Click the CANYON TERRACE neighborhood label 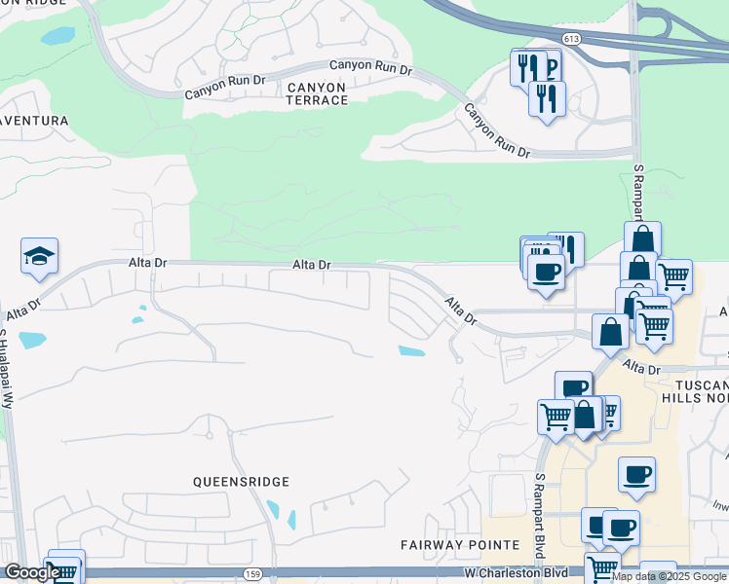(x=316, y=93)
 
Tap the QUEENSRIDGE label (x=242, y=481)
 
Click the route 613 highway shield (x=571, y=39)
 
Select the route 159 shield (x=253, y=574)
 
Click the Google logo (x=31, y=573)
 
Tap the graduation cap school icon (x=40, y=257)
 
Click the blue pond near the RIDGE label (x=58, y=36)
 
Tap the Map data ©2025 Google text (x=669, y=576)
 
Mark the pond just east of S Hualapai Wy (x=32, y=341)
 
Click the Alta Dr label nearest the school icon (x=23, y=310)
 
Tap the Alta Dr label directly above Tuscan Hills (x=642, y=367)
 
